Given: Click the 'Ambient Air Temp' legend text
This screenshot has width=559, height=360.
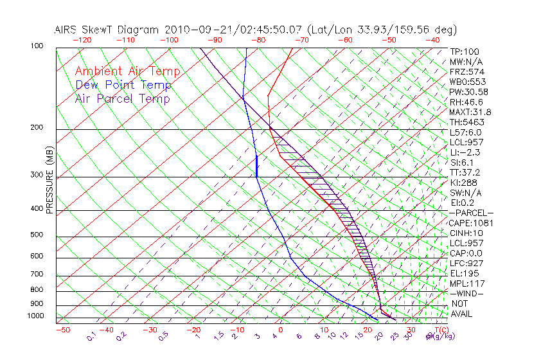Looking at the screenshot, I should [127, 71].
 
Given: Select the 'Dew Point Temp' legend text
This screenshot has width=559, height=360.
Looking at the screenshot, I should [123, 85].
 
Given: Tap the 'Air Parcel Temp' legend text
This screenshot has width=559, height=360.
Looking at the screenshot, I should [122, 98].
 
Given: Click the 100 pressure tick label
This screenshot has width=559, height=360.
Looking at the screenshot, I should [37, 46].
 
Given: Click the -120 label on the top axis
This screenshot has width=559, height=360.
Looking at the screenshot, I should [81, 40].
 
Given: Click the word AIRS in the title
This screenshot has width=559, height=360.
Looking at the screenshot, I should [67, 30].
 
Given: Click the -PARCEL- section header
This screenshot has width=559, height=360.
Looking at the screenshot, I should [471, 213].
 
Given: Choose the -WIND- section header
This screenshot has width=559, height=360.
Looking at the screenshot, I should [466, 293].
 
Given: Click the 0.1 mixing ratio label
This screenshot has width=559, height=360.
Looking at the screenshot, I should [91, 335].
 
